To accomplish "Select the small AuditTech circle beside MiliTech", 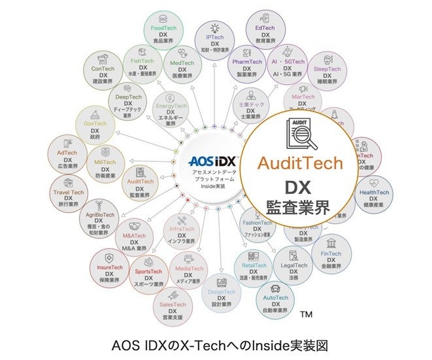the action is point(141,184).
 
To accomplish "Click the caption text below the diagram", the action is point(215,345).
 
